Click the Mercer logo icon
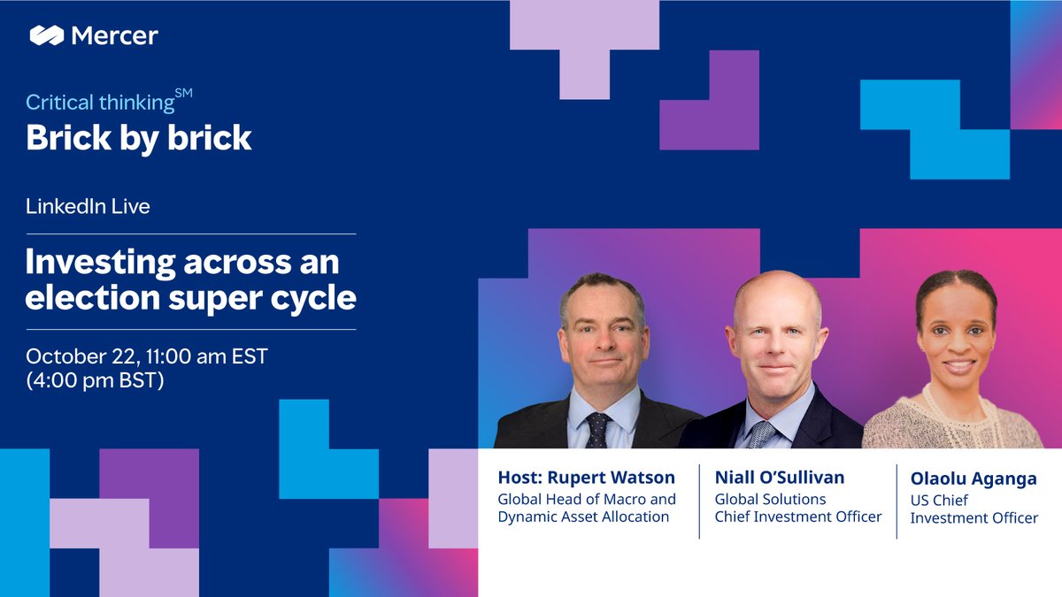click(x=46, y=35)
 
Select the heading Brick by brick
click(x=139, y=138)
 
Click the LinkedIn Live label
click(x=88, y=206)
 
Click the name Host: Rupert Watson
click(x=586, y=478)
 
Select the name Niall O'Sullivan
click(x=780, y=478)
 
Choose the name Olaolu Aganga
click(x=973, y=478)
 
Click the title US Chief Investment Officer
click(x=973, y=509)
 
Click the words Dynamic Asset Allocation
click(x=583, y=517)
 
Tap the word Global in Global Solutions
click(x=737, y=499)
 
